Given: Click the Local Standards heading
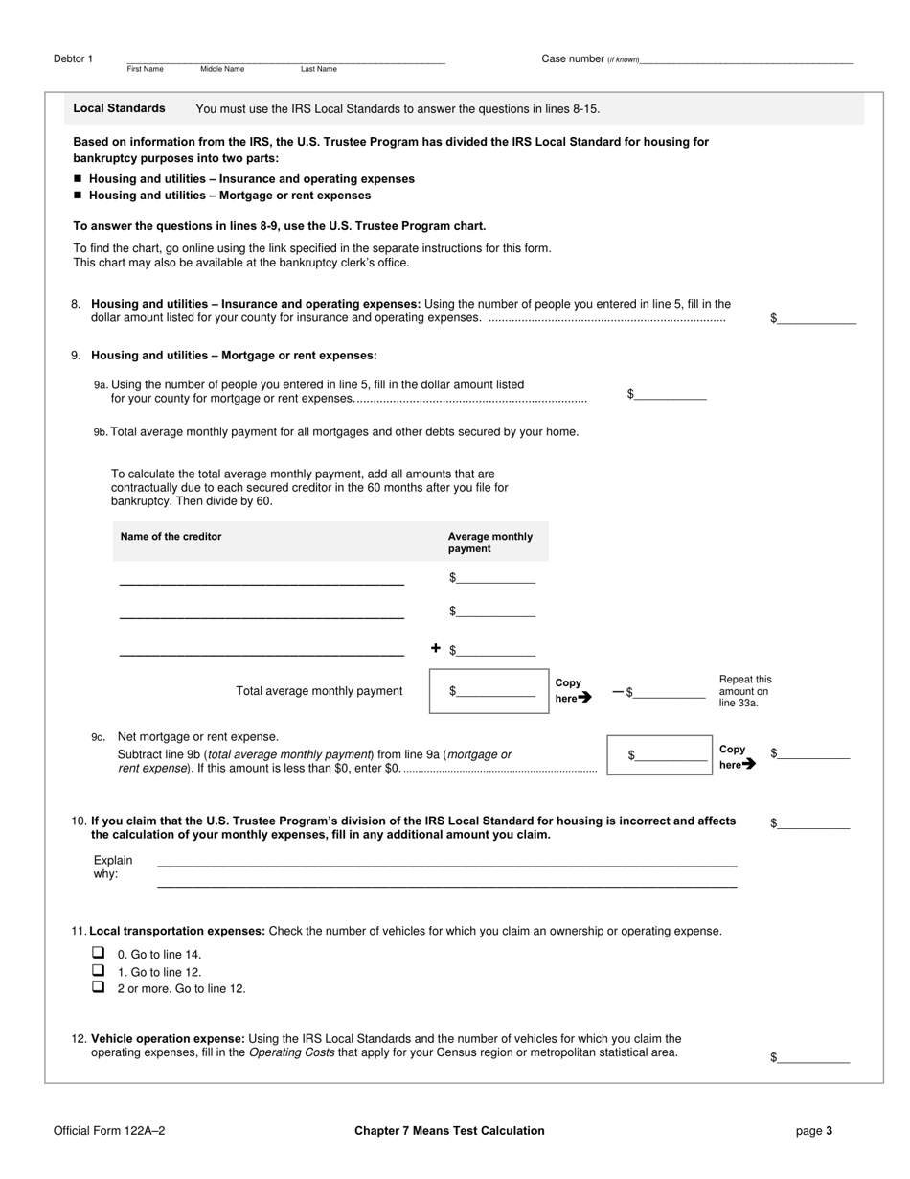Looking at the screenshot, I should pos(119,108).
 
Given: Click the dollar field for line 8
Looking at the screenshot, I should pos(816,318).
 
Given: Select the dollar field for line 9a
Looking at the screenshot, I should pos(671,394).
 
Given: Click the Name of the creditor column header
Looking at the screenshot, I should pos(171,537).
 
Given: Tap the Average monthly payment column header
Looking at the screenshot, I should pos(490,543).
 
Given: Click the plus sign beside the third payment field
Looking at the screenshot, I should pos(436,649).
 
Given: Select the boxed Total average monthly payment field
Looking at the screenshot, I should pos(489,691).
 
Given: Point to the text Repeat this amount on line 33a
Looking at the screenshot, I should pos(745,691).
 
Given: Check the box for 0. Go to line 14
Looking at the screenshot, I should pos(98,953).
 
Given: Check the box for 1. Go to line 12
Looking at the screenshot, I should pos(98,970).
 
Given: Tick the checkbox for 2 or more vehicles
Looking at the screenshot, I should pos(98,986).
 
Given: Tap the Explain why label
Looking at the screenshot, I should pos(113,867).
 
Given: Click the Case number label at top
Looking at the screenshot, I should pos(573,59).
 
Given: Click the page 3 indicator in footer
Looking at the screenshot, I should pos(813,1131).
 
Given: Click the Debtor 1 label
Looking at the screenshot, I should pos(74,59).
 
